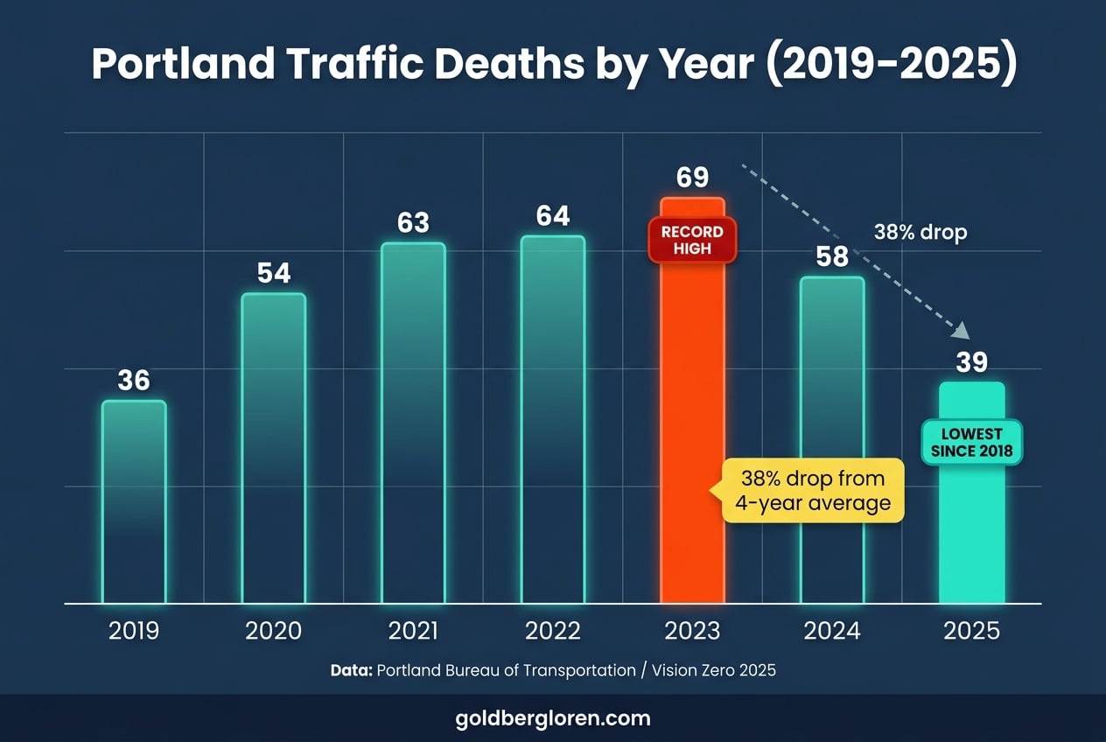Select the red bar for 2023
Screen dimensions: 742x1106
click(692, 420)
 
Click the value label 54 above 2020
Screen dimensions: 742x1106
click(274, 273)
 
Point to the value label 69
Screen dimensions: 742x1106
click(692, 178)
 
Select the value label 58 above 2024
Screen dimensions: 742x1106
click(832, 256)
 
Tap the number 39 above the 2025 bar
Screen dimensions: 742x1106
click(971, 361)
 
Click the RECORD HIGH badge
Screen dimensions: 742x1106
click(692, 240)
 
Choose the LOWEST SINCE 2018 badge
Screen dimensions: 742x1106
click(971, 443)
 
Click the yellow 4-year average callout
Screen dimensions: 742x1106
click(813, 491)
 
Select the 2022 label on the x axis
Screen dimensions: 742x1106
click(553, 631)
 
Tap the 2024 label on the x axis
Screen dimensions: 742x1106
click(832, 631)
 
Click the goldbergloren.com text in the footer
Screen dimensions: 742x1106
click(553, 718)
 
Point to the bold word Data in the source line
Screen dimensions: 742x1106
click(351, 670)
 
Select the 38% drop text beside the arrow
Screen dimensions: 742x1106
click(920, 234)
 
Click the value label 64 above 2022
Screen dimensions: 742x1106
click(553, 215)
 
